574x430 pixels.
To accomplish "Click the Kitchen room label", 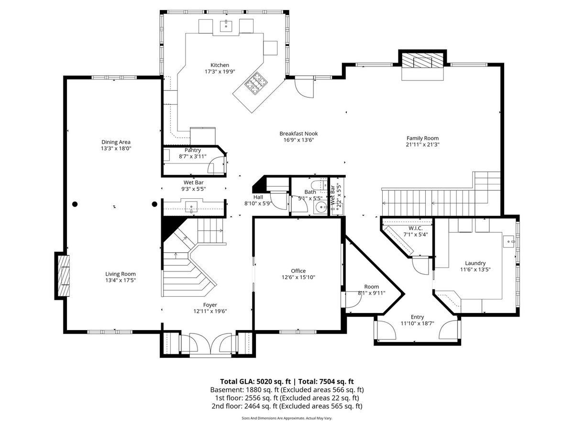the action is [220, 65].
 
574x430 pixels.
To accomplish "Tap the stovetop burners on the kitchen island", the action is [256, 83].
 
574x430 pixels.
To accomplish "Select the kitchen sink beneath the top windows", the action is [226, 26].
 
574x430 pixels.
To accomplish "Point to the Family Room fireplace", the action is [422, 63].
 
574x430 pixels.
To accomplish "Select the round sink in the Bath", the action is [320, 208].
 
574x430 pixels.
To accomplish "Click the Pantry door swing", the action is [216, 165].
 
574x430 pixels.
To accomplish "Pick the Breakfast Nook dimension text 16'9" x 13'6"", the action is [298, 140].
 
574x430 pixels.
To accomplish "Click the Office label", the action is [298, 271].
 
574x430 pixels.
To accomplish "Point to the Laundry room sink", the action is [508, 242].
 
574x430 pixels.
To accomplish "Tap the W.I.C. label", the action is [416, 228].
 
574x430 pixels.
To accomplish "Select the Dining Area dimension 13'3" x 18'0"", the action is [116, 149].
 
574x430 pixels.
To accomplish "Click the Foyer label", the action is [210, 305].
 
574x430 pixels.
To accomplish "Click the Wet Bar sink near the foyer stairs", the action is [191, 207].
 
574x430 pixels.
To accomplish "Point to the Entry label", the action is [417, 317].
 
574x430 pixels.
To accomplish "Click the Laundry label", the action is [475, 263].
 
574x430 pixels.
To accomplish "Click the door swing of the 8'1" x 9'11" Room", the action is [353, 300].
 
